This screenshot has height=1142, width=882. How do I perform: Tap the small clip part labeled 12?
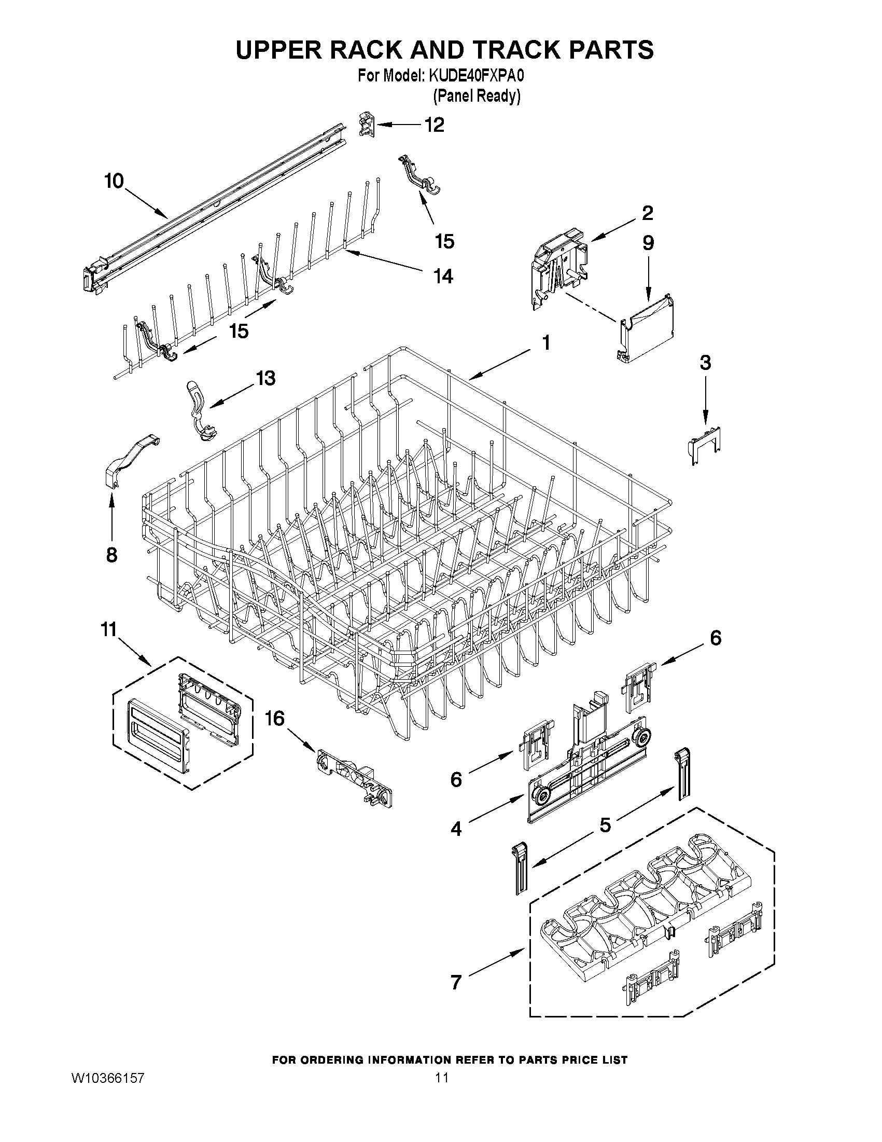(368, 126)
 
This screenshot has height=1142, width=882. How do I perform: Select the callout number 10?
(114, 182)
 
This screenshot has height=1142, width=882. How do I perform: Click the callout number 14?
(443, 276)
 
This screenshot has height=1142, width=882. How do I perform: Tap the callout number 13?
(265, 378)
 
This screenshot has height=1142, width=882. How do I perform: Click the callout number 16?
(275, 719)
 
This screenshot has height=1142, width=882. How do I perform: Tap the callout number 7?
(456, 982)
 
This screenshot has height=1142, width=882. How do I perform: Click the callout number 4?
(456, 828)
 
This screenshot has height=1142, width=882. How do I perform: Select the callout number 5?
(605, 825)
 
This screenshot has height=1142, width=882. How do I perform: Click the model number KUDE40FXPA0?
(477, 76)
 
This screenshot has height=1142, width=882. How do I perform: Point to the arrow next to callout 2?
(614, 231)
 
